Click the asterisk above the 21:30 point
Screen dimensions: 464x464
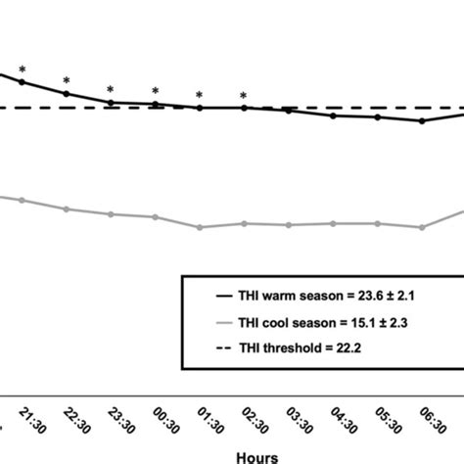(22, 70)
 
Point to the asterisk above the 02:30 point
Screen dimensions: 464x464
(244, 96)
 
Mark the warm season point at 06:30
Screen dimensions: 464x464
(422, 121)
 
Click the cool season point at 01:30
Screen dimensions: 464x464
(200, 227)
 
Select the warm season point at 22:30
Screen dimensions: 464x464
(67, 94)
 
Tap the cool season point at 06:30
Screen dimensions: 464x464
(422, 227)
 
